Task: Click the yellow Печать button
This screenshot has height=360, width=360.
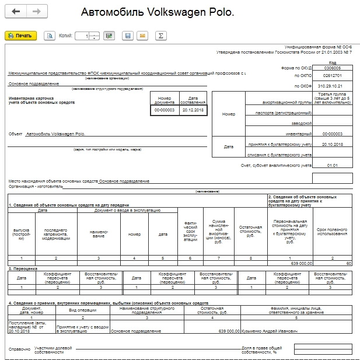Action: (20, 36)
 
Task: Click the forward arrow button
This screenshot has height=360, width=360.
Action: (36, 12)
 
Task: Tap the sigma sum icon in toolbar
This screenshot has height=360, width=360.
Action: (160, 36)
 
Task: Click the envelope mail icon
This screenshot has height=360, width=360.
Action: (141, 36)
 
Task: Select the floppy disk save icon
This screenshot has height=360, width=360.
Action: (127, 36)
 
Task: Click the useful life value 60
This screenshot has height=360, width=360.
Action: (348, 264)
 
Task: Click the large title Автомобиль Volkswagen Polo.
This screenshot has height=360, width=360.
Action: (158, 12)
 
